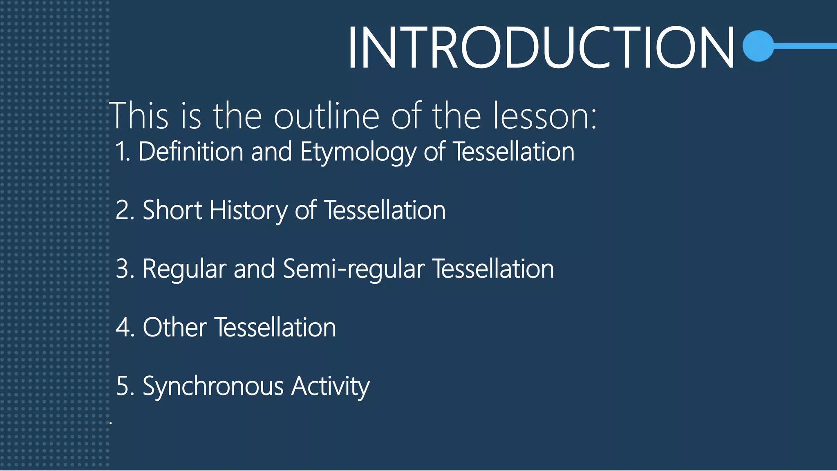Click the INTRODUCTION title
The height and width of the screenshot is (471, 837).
tap(540, 48)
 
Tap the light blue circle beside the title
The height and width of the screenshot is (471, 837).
tap(759, 46)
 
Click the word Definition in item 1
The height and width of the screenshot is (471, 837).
tap(191, 152)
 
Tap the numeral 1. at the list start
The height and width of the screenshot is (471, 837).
tap(123, 152)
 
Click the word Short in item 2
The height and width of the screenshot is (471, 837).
tap(172, 211)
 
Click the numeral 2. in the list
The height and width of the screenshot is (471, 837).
tap(125, 211)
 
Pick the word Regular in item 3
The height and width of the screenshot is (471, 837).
tap(184, 270)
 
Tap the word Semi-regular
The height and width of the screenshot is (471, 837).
tap(354, 270)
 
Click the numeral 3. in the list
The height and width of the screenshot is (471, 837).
tap(125, 269)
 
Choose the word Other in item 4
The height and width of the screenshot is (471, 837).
tap(175, 328)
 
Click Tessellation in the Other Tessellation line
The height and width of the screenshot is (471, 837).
tap(275, 328)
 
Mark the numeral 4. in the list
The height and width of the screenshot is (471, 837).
tap(125, 328)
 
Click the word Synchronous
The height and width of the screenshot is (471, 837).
tap(213, 387)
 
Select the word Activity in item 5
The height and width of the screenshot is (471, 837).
tap(330, 387)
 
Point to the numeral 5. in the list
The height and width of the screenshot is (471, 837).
tap(125, 386)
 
